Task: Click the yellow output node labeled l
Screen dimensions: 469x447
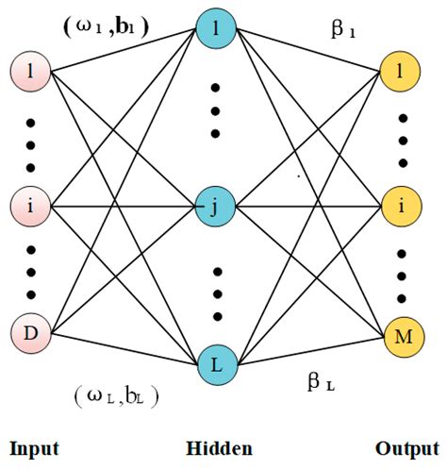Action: [x=402, y=72]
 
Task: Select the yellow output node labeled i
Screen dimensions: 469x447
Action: [x=402, y=205]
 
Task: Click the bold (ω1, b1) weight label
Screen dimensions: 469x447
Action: [x=106, y=25]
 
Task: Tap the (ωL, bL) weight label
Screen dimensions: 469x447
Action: [x=116, y=395]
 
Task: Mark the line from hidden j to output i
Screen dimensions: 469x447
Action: [x=311, y=205]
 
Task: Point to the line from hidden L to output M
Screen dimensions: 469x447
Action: [x=311, y=349]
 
